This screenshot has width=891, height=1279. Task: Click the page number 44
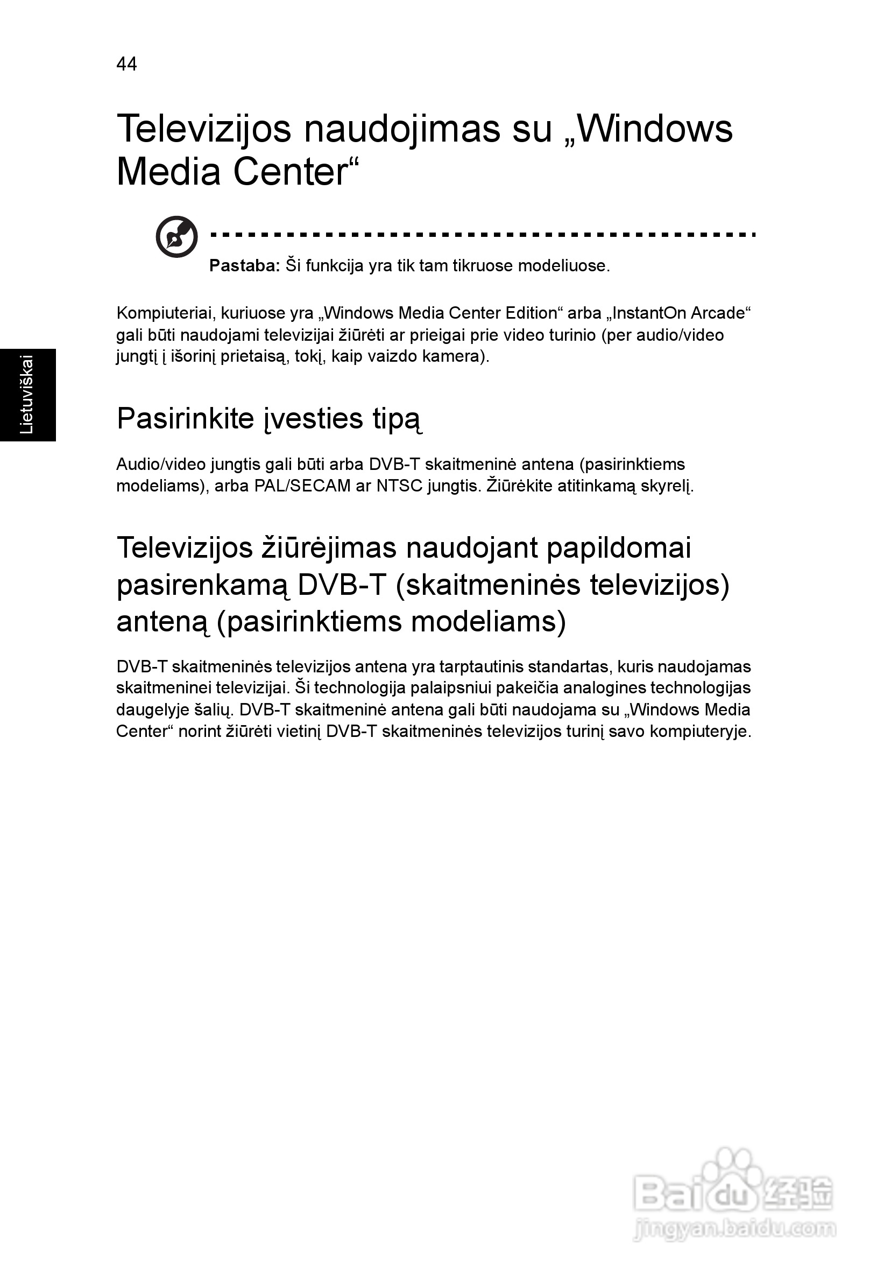[126, 64]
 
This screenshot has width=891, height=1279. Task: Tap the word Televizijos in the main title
[203, 129]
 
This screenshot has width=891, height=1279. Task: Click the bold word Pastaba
[243, 266]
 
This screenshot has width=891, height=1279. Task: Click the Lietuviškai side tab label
[27, 395]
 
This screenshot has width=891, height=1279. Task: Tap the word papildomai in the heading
[619, 547]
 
